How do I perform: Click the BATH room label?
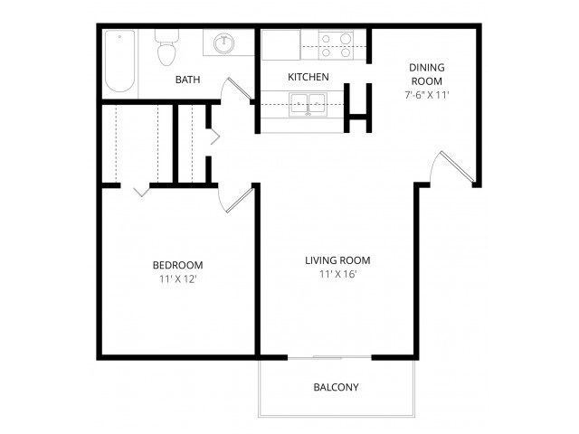tap(187, 80)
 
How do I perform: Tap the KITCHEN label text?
tap(308, 77)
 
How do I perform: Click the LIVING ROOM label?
tap(337, 260)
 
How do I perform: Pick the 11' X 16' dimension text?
tap(337, 275)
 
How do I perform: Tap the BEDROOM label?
tap(177, 265)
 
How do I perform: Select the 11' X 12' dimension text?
tap(177, 279)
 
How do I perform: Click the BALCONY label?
tap(336, 388)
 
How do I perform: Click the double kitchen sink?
tap(308, 105)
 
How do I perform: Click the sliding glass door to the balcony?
tap(328, 356)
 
